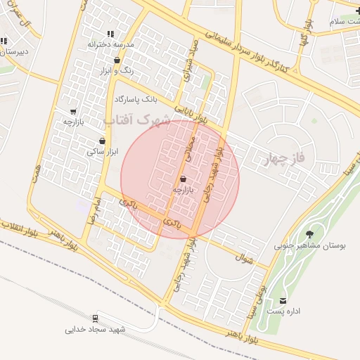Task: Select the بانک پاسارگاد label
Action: pos(143,99)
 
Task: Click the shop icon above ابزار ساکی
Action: pos(103,141)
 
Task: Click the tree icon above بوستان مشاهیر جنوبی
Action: pos(309,234)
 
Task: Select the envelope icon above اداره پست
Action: pos(283,300)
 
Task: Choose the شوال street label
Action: pos(245,259)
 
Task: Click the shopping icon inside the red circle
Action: pos(183,179)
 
